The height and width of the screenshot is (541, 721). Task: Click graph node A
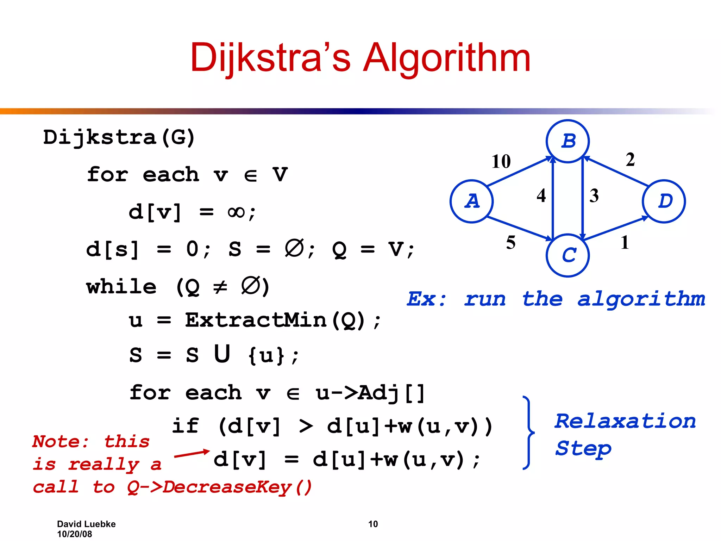pyautogui.click(x=471, y=201)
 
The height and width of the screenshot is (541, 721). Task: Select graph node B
pyautogui.click(x=568, y=141)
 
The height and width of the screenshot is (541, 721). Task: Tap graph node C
pyautogui.click(x=568, y=255)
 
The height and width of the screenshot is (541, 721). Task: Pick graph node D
pyautogui.click(x=664, y=201)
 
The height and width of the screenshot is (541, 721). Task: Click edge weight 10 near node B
pyautogui.click(x=501, y=162)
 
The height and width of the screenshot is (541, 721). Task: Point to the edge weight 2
pyautogui.click(x=630, y=160)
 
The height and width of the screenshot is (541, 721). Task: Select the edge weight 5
pyautogui.click(x=511, y=243)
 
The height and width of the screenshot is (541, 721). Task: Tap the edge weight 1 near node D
pyautogui.click(x=625, y=243)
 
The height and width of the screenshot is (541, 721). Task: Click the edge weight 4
pyautogui.click(x=541, y=195)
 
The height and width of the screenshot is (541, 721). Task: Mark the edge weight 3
pyautogui.click(x=594, y=195)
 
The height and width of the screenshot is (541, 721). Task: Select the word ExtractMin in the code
pyautogui.click(x=256, y=320)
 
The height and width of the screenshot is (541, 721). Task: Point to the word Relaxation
pyautogui.click(x=625, y=421)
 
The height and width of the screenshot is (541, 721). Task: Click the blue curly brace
pyautogui.click(x=528, y=433)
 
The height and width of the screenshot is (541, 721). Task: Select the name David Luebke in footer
pyautogui.click(x=86, y=524)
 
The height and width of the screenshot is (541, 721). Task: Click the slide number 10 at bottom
pyautogui.click(x=373, y=524)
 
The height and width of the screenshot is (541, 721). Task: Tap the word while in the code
pyautogui.click(x=121, y=287)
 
